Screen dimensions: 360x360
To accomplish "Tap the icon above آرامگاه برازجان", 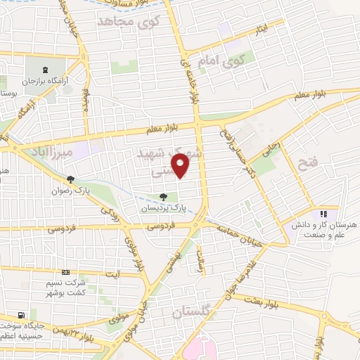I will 46,70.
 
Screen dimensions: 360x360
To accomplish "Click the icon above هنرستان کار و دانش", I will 323,213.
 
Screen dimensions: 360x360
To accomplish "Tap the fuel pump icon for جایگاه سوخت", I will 20,314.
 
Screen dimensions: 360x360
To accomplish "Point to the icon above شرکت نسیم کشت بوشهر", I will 65,272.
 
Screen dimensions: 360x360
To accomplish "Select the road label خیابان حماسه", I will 240,231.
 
